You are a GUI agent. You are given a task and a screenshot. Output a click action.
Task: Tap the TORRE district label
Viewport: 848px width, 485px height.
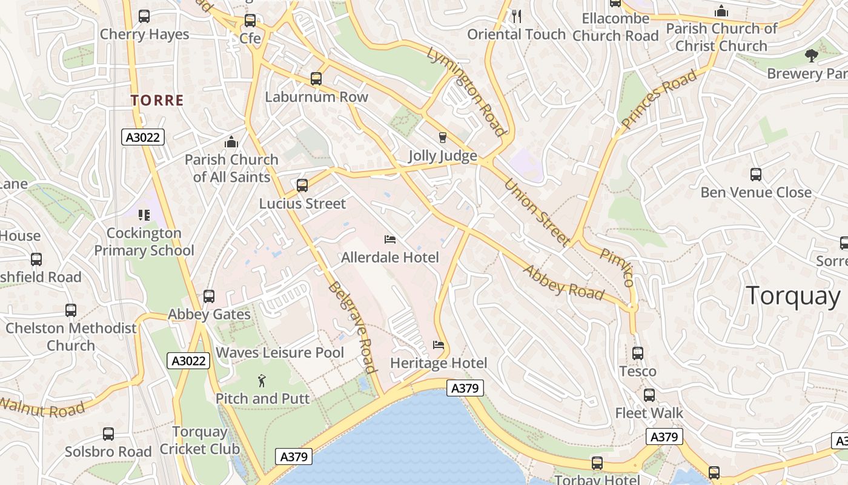pyautogui.click(x=157, y=100)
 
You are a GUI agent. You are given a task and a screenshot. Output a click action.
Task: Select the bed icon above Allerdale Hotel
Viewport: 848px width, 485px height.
pyautogui.click(x=390, y=240)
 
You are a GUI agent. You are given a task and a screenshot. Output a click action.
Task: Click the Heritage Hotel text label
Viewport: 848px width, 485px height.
pyautogui.click(x=438, y=363)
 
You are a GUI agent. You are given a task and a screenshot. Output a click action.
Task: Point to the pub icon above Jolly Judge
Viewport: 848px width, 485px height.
pyautogui.click(x=442, y=138)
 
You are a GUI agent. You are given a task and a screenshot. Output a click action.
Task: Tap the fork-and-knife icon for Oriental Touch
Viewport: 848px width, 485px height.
pyautogui.click(x=517, y=16)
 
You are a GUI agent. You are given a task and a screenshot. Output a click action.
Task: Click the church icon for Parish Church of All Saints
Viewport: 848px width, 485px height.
pyautogui.click(x=231, y=142)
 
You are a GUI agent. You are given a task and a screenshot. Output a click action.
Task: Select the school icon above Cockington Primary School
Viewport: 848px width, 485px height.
pyautogui.click(x=144, y=215)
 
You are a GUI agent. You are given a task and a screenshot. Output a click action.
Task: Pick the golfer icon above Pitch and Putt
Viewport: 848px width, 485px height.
pyautogui.click(x=262, y=381)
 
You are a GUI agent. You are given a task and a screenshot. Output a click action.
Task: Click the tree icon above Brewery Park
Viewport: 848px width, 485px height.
pyautogui.click(x=811, y=56)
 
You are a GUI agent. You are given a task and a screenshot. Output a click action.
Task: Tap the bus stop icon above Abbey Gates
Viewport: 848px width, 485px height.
pyautogui.click(x=209, y=296)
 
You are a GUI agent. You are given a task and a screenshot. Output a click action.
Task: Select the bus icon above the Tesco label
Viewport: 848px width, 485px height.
pyautogui.click(x=637, y=353)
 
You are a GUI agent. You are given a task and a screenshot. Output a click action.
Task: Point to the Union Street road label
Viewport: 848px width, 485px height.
pyautogui.click(x=537, y=212)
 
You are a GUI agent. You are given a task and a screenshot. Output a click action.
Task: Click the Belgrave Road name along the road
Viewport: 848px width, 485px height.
pyautogui.click(x=352, y=327)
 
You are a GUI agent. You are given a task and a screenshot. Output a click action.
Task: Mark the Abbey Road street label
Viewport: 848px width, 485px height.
pyautogui.click(x=564, y=283)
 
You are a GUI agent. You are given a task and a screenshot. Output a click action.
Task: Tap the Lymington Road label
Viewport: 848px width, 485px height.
pyautogui.click(x=466, y=91)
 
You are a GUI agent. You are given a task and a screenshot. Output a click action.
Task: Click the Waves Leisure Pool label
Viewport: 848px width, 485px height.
pyautogui.click(x=279, y=352)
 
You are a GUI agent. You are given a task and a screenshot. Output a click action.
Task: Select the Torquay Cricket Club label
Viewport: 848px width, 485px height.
pyautogui.click(x=199, y=441)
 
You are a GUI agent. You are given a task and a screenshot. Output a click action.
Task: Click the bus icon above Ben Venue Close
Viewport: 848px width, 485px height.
pyautogui.click(x=755, y=175)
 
